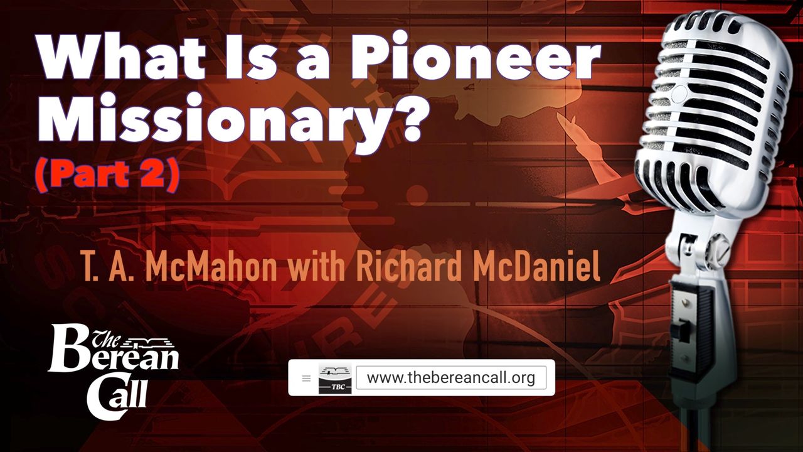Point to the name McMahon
click(x=212, y=267)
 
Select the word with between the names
click(x=316, y=267)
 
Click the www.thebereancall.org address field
click(x=451, y=377)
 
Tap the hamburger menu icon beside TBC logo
click(x=306, y=378)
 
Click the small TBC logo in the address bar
click(x=335, y=379)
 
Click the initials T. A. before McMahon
click(x=107, y=267)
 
